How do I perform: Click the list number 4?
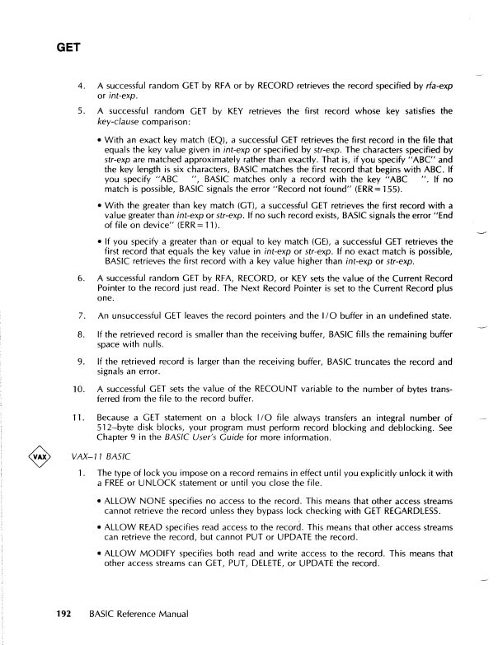pos(80,85)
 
